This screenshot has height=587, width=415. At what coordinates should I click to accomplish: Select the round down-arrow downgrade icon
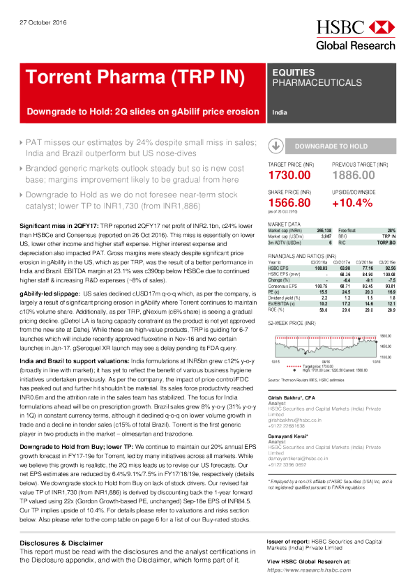tap(276, 146)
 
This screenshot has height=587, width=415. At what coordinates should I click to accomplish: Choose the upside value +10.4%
tap(355, 201)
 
